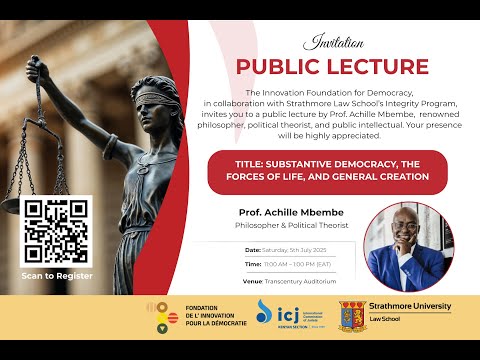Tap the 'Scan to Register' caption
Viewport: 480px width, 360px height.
pyautogui.click(x=57, y=275)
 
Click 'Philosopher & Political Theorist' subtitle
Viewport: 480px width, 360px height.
pyautogui.click(x=284, y=227)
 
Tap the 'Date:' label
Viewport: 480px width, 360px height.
pyautogui.click(x=252, y=248)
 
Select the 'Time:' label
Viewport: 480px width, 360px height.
pyautogui.click(x=253, y=264)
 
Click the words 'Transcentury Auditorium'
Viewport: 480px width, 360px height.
pyautogui.click(x=305, y=282)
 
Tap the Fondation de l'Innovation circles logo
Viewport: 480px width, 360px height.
pyautogui.click(x=156, y=316)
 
